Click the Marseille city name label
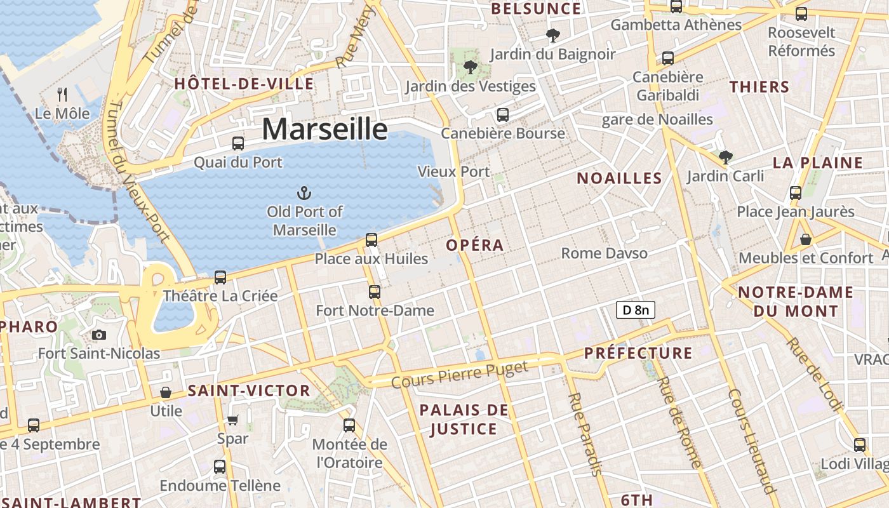(324, 129)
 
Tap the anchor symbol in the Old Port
(304, 192)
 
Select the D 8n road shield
(635, 310)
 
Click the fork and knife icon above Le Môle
(62, 95)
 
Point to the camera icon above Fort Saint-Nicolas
(99, 335)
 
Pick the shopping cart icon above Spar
(232, 420)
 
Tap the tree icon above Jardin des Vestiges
(471, 67)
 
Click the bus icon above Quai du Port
(238, 144)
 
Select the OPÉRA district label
(474, 245)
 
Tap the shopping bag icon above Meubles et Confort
(806, 239)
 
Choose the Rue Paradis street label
(585, 434)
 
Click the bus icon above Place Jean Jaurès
(796, 193)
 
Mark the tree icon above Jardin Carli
(725, 157)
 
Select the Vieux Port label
(453, 171)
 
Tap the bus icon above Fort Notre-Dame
(375, 292)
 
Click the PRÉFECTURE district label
(638, 353)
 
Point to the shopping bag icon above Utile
(166, 392)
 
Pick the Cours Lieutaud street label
(752, 441)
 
